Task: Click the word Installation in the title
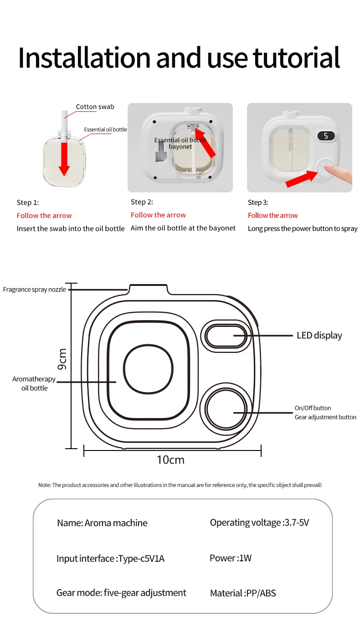point(84,58)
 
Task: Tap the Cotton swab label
point(95,107)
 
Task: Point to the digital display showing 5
point(326,136)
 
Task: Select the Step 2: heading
point(142,202)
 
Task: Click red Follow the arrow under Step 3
point(273,215)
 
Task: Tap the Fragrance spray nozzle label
point(35,290)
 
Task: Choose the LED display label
point(319,336)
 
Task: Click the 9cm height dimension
point(62,359)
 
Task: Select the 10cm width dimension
point(170,460)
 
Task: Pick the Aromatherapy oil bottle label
point(34,383)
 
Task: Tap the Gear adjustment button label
point(325,417)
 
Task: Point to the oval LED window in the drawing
point(226,336)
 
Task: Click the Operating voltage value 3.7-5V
point(296,523)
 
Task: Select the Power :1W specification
point(231,558)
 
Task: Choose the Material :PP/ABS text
point(243,593)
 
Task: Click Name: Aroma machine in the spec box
point(102,523)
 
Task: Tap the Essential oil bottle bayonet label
point(180,143)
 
